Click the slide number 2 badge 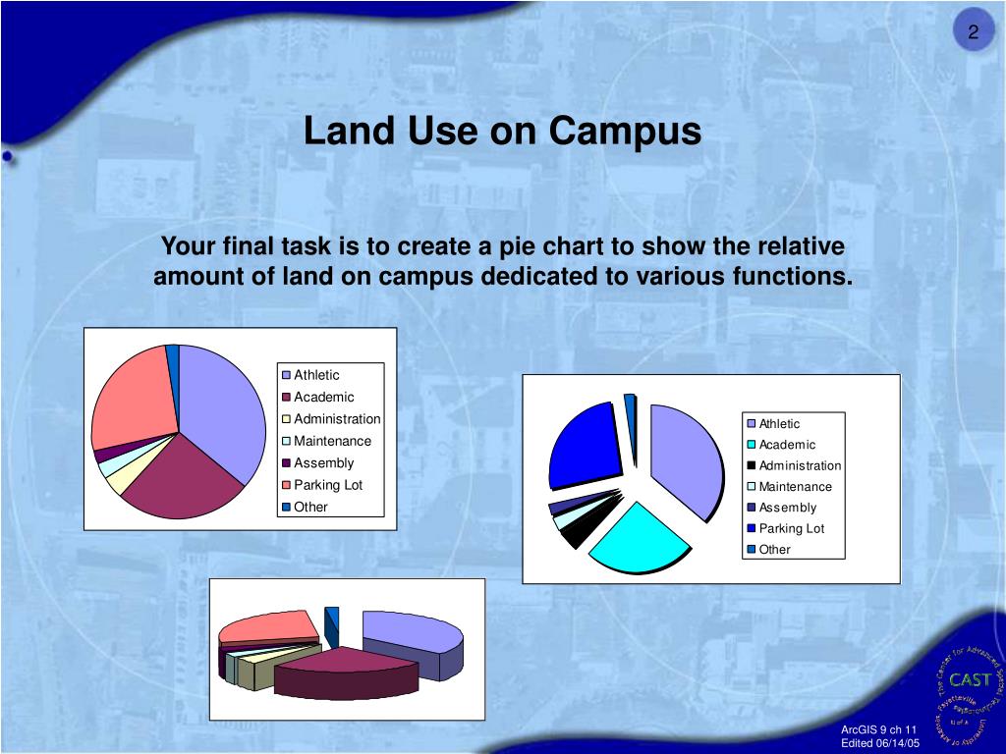tap(973, 33)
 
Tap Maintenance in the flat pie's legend tap(332, 441)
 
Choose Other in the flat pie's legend tap(310, 507)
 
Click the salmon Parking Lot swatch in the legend tap(287, 485)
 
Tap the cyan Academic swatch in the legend tap(752, 445)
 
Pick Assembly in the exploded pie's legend tap(787, 508)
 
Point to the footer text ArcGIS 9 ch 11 tap(878, 728)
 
